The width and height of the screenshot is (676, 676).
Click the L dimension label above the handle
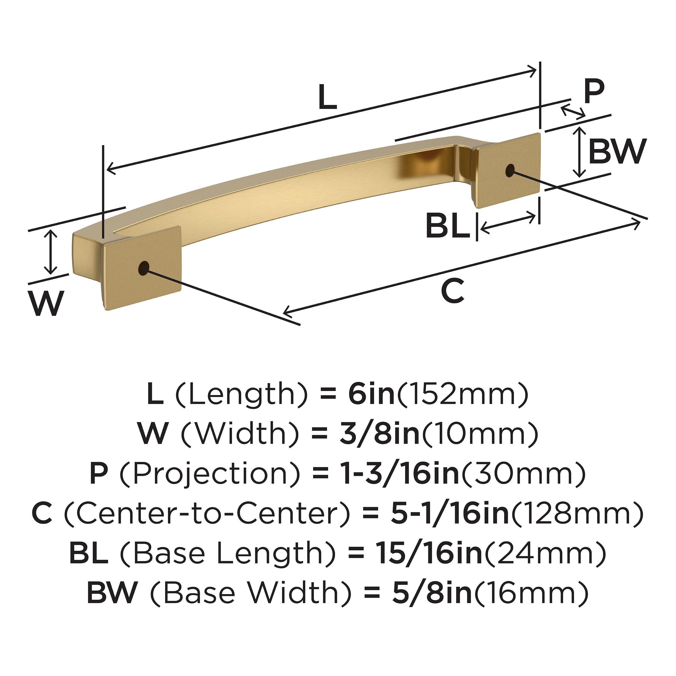[x=328, y=98]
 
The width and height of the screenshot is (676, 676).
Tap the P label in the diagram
[x=594, y=91]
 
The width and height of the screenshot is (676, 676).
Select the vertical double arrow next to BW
[x=580, y=152]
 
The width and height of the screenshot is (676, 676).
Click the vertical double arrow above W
[x=51, y=252]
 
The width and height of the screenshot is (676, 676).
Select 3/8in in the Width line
[x=380, y=433]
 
